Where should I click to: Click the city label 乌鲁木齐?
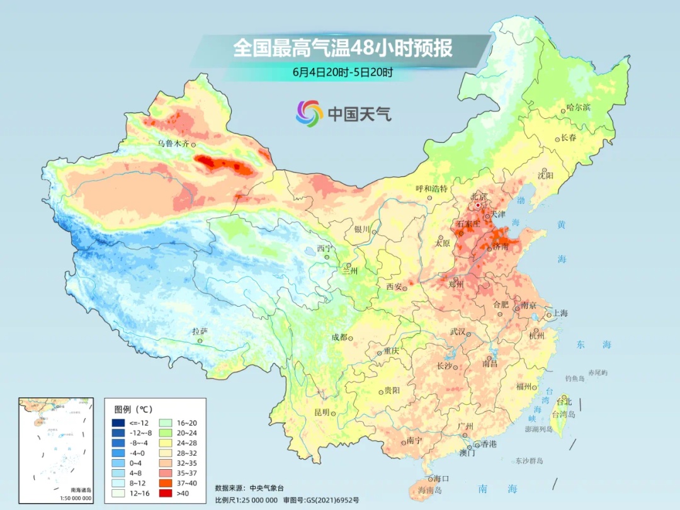coord(173,144)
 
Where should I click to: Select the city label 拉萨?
coord(200,331)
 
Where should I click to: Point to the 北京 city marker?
coord(479,205)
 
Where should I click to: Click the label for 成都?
coord(339,337)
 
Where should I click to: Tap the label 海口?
coord(441,479)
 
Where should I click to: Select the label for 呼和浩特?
coord(431,188)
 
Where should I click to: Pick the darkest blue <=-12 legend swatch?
coord(118,422)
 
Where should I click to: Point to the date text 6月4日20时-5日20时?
coord(343,72)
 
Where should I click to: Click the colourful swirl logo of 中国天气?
coord(309,113)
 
